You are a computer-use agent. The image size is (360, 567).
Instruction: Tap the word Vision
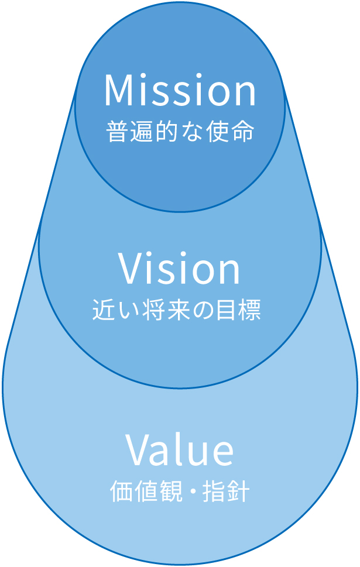click(180, 269)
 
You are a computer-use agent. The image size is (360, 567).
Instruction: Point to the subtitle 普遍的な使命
click(180, 132)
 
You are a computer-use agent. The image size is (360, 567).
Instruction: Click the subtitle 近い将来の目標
click(177, 310)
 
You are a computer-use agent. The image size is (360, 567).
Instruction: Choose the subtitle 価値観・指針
click(180, 492)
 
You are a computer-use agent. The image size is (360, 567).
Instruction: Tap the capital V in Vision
click(130, 269)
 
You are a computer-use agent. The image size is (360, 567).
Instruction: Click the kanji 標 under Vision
click(250, 310)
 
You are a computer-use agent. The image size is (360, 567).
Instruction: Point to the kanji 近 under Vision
click(104, 310)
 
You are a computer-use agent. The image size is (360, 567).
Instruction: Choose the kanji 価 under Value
click(121, 492)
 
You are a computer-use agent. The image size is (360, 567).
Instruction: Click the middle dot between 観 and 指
click(191, 492)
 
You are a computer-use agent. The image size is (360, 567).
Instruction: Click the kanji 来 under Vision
click(177, 310)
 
